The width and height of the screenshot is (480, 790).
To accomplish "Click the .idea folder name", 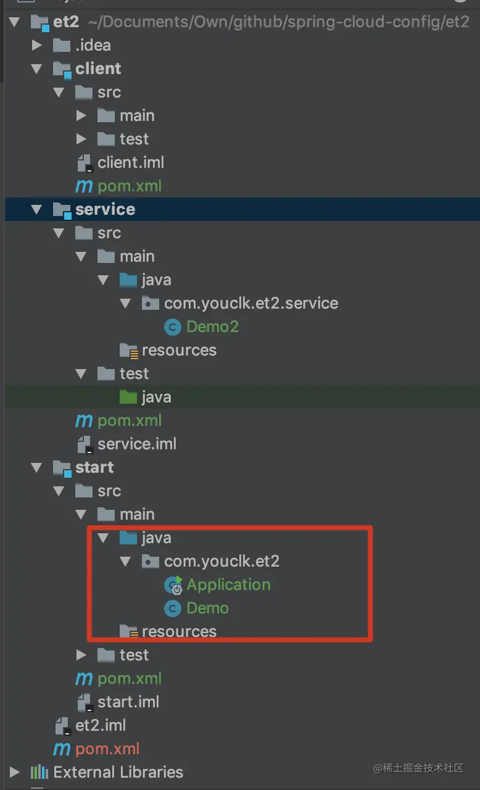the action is pyautogui.click(x=93, y=45).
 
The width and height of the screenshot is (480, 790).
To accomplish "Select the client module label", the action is pyautogui.click(x=98, y=69).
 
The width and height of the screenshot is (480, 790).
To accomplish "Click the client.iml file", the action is pyautogui.click(x=130, y=162).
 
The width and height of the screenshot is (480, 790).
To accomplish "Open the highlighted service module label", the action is pyautogui.click(x=105, y=209).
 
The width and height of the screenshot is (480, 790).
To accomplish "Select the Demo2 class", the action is pyautogui.click(x=212, y=326).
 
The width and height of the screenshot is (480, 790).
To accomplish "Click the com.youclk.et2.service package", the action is pyautogui.click(x=250, y=303).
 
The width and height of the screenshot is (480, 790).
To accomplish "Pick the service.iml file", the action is pyautogui.click(x=136, y=444).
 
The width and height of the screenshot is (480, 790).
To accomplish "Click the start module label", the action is pyautogui.click(x=94, y=467).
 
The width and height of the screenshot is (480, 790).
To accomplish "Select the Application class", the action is pyautogui.click(x=228, y=584).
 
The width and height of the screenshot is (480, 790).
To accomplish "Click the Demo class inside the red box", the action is pyautogui.click(x=207, y=608).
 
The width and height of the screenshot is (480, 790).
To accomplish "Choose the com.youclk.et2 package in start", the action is pyautogui.click(x=221, y=561).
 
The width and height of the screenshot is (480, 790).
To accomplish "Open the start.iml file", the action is pyautogui.click(x=128, y=702).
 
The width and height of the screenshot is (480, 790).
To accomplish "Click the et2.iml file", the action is pyautogui.click(x=100, y=725).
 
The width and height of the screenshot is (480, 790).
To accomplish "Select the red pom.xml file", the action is pyautogui.click(x=107, y=749).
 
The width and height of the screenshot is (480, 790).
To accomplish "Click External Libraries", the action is pyautogui.click(x=118, y=772).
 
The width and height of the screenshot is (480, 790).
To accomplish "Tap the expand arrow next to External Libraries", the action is pyautogui.click(x=15, y=772).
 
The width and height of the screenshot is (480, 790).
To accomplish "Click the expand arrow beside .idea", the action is pyautogui.click(x=37, y=45).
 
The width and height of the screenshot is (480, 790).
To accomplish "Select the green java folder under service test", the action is pyautogui.click(x=155, y=397).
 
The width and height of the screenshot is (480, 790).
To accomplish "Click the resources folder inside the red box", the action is pyautogui.click(x=179, y=631).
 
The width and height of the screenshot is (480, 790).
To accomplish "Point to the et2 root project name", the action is pyautogui.click(x=66, y=22).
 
